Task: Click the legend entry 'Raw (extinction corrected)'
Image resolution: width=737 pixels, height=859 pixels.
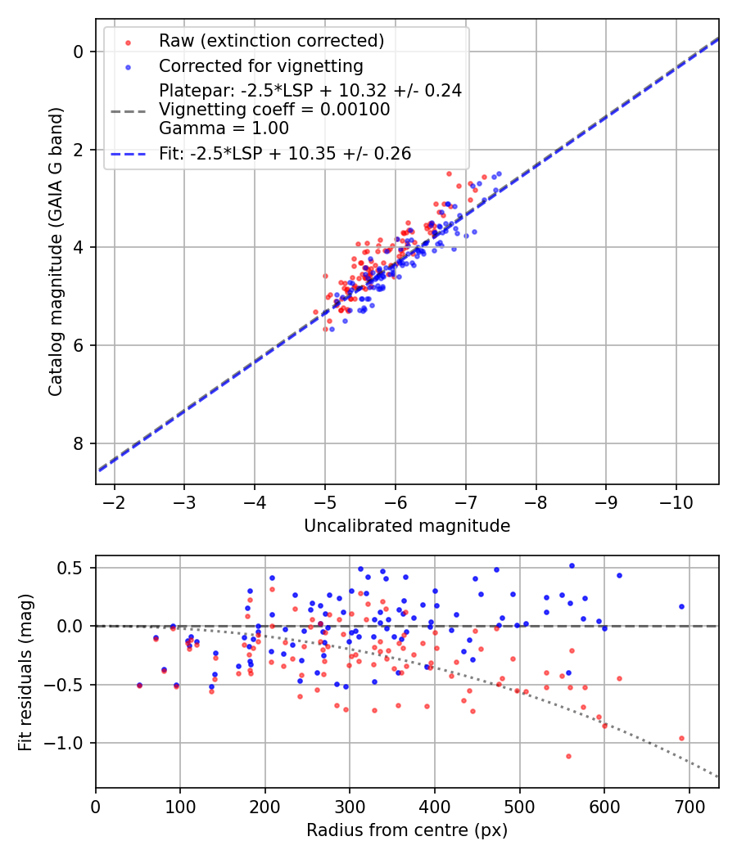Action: (x=271, y=41)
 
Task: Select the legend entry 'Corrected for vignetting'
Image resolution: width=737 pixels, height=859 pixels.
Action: (x=261, y=65)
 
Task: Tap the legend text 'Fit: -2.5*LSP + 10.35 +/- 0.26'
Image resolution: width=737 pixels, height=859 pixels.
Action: (x=285, y=153)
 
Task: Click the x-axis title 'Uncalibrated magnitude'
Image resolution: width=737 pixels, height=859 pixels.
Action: (x=407, y=526)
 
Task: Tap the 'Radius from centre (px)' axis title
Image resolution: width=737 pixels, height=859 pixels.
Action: (x=407, y=830)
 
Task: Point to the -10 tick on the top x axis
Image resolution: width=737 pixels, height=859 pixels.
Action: (x=676, y=499)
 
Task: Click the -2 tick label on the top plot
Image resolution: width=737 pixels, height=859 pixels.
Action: (x=114, y=499)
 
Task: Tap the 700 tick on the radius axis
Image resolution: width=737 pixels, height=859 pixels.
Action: (x=689, y=804)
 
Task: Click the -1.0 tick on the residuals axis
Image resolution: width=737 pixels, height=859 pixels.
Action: (x=69, y=743)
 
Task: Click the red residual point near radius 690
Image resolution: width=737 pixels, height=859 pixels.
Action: (x=681, y=738)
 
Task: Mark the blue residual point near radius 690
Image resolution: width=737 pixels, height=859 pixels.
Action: (x=681, y=607)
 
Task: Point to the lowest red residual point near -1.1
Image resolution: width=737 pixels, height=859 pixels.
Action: (x=568, y=756)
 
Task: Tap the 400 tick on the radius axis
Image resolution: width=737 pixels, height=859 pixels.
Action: (x=435, y=804)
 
